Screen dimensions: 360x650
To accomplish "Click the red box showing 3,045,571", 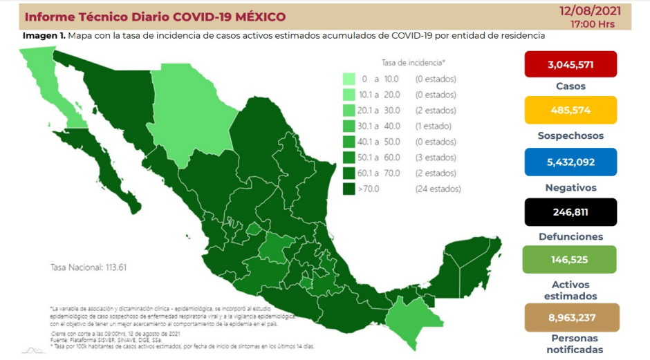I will (x=570, y=64).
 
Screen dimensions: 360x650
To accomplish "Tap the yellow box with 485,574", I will (x=570, y=110).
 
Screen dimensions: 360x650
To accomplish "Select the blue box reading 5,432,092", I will (x=570, y=161).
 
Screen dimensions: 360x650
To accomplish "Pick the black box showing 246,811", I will (x=570, y=211).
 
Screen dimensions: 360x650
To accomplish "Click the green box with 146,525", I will (x=570, y=260).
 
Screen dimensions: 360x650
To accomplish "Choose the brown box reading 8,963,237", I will (x=570, y=318).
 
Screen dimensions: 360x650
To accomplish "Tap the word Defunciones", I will (x=570, y=236).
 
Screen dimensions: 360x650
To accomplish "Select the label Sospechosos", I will (x=570, y=135).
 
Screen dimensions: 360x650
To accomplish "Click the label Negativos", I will (x=570, y=187).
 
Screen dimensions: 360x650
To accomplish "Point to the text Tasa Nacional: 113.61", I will (x=89, y=267).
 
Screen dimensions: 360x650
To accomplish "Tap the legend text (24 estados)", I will (x=438, y=189).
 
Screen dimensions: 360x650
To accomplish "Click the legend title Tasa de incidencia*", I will (x=413, y=61).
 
